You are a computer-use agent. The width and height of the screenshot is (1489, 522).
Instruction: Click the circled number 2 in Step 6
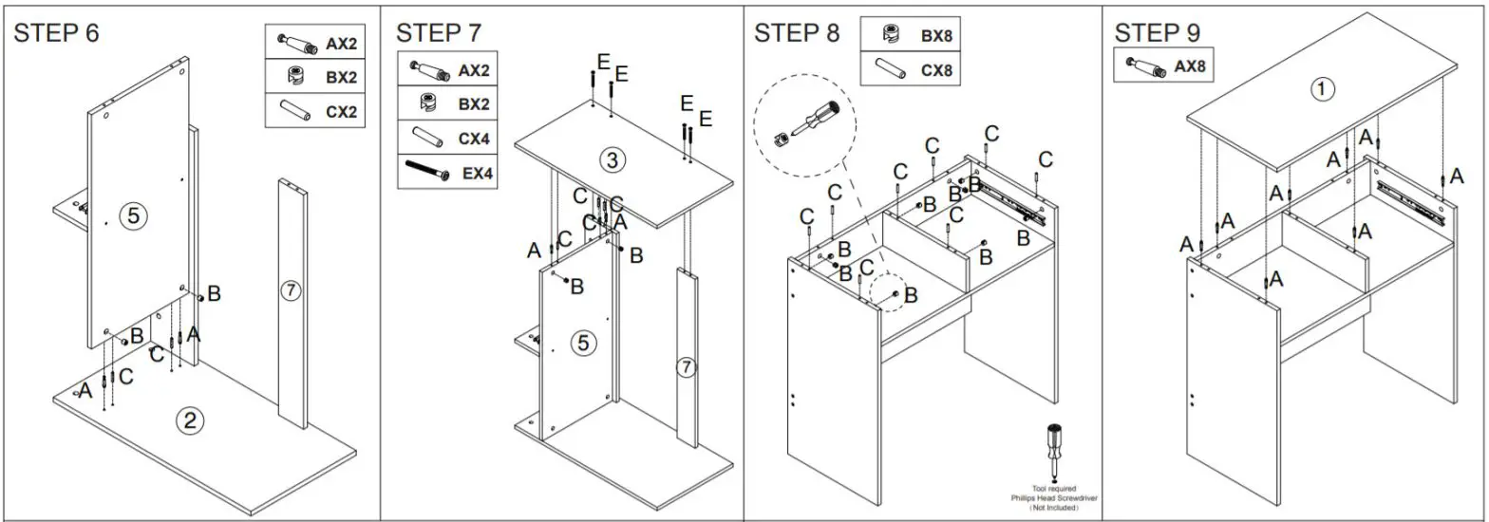click(x=189, y=420)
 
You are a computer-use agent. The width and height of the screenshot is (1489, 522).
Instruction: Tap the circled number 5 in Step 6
click(x=133, y=216)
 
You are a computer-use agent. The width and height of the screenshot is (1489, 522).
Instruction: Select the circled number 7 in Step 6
click(x=291, y=291)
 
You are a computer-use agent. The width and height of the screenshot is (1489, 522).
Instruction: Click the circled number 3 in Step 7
click(x=613, y=160)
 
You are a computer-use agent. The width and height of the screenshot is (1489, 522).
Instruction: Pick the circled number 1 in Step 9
click(x=1322, y=89)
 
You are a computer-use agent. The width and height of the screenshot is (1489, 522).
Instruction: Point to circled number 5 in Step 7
click(x=582, y=344)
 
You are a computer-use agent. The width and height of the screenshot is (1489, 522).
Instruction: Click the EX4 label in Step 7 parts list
click(x=477, y=174)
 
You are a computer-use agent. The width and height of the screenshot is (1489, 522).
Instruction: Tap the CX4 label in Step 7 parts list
click(x=474, y=139)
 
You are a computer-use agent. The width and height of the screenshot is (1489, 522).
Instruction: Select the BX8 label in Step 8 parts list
click(x=936, y=36)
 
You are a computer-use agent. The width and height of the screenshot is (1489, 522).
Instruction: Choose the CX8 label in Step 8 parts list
click(x=936, y=69)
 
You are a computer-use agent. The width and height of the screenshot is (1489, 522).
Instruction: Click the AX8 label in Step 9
click(x=1190, y=66)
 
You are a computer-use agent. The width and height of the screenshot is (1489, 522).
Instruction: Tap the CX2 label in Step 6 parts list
click(x=341, y=111)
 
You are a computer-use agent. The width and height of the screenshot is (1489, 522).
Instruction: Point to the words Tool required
click(x=1054, y=488)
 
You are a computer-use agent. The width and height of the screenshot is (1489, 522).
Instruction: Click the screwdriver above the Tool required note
click(x=1054, y=452)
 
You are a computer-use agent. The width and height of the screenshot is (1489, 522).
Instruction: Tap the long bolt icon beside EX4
click(x=426, y=172)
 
